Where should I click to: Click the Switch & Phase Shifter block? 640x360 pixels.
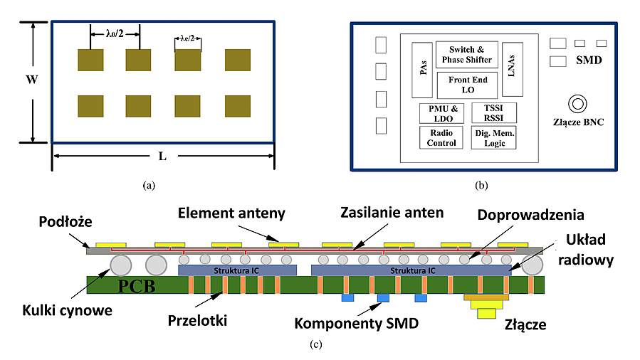pyautogui.click(x=468, y=54)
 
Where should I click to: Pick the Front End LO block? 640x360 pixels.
pyautogui.click(x=468, y=85)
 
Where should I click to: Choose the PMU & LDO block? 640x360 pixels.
pyautogui.click(x=441, y=112)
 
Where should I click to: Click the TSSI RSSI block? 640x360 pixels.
pyautogui.click(x=493, y=112)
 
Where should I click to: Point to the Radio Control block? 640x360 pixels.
pyautogui.click(x=441, y=137)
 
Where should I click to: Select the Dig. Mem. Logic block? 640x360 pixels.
pyautogui.click(x=493, y=137)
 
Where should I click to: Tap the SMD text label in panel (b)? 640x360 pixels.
pyautogui.click(x=589, y=60)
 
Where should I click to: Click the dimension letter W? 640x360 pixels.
pyautogui.click(x=31, y=80)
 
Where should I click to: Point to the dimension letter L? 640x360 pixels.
pyautogui.click(x=162, y=157)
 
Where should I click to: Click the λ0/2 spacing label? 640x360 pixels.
pyautogui.click(x=114, y=33)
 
